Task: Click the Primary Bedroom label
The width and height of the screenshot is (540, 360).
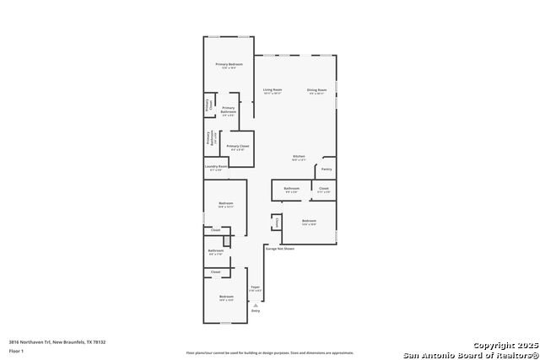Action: (x=229, y=65)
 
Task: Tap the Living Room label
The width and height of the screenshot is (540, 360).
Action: (x=272, y=90)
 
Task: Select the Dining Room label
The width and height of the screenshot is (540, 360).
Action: (x=316, y=90)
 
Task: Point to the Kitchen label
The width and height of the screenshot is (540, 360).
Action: (x=299, y=157)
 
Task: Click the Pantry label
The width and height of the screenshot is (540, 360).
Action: (x=326, y=169)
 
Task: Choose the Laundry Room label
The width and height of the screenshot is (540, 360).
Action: (x=216, y=168)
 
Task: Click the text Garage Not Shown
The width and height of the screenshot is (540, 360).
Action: (x=280, y=249)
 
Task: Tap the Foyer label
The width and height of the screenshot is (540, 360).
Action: (x=255, y=288)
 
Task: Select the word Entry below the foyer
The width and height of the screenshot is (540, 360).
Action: (x=256, y=311)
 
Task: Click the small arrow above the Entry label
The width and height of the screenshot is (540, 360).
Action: (x=256, y=304)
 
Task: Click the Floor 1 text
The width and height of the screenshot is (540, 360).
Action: (x=17, y=350)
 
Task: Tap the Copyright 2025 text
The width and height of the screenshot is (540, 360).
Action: (x=503, y=345)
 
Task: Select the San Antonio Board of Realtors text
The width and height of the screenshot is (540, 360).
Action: (x=469, y=354)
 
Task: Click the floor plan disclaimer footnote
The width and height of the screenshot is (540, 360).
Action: (x=270, y=352)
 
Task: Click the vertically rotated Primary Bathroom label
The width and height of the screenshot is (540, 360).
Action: (x=207, y=138)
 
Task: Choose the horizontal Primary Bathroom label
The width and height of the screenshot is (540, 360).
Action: (x=228, y=110)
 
